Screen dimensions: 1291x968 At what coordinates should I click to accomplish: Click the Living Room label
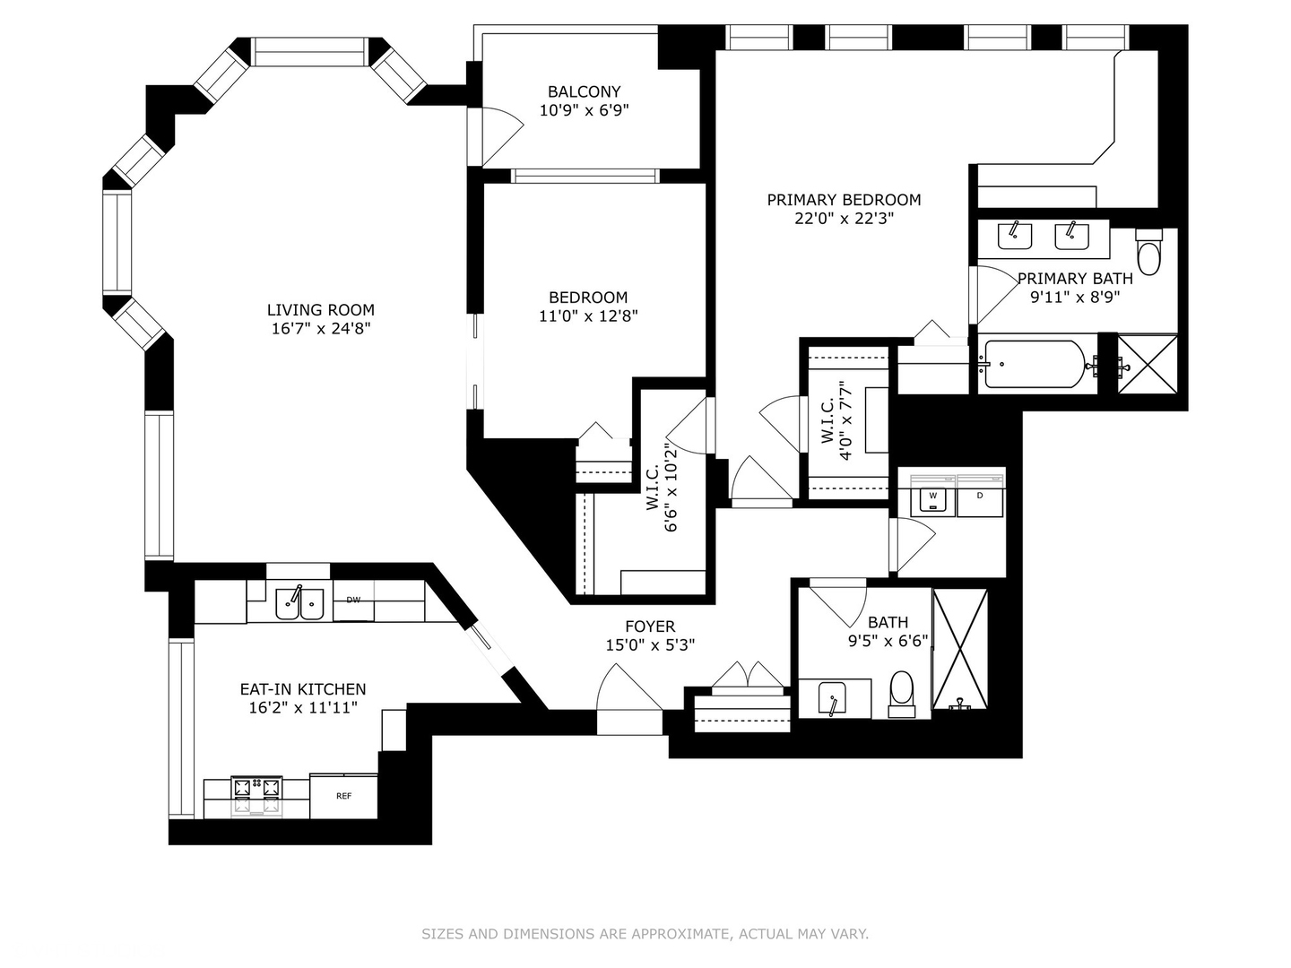click(321, 310)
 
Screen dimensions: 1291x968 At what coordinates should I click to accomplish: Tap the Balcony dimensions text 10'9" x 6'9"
click(584, 110)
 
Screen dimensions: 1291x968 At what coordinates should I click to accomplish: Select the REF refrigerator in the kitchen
click(343, 797)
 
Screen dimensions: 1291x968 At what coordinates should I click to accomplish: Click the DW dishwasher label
click(353, 601)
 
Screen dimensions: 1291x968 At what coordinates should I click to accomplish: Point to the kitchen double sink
click(300, 603)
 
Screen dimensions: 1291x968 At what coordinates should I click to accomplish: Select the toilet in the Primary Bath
click(1149, 252)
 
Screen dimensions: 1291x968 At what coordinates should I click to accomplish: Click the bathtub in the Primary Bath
click(1035, 365)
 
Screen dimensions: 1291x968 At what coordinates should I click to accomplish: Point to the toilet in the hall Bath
click(902, 694)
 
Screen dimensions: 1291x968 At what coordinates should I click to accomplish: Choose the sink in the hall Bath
click(832, 697)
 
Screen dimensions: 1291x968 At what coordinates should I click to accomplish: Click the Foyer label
click(651, 627)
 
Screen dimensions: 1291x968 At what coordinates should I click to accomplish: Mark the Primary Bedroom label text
click(844, 200)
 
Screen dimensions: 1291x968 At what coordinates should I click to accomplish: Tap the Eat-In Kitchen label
click(303, 689)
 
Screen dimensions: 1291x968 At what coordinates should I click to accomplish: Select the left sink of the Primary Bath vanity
click(1015, 237)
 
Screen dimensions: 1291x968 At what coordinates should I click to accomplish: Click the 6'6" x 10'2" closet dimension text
click(671, 488)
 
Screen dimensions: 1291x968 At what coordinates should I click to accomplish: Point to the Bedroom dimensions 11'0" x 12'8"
click(588, 316)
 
